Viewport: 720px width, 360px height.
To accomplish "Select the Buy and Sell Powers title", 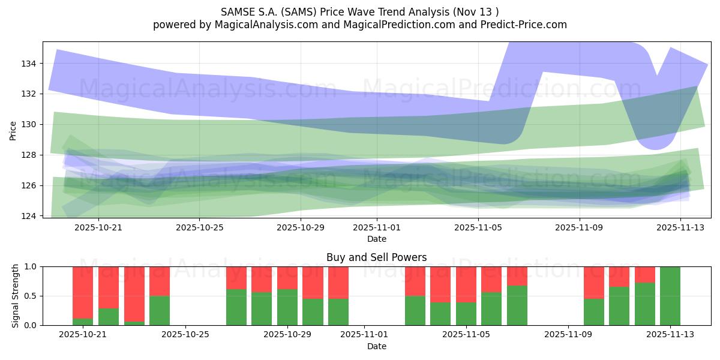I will pyautogui.click(x=376, y=257).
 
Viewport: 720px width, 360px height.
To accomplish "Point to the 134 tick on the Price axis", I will pyautogui.click(x=29, y=64).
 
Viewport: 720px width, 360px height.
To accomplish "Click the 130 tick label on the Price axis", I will pyautogui.click(x=29, y=124).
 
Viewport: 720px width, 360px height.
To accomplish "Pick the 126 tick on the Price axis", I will pyautogui.click(x=29, y=185).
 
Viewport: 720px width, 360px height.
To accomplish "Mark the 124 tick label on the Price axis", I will pyautogui.click(x=29, y=216).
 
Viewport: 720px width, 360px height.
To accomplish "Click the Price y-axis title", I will pyautogui.click(x=13, y=130).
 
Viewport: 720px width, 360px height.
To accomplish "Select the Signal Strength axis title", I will pyautogui.click(x=16, y=296).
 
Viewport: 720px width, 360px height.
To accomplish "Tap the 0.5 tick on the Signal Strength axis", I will pyautogui.click(x=31, y=296).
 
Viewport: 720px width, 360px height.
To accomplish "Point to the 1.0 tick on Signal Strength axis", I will pyautogui.click(x=31, y=266).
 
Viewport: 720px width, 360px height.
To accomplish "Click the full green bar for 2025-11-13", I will pyautogui.click(x=670, y=296).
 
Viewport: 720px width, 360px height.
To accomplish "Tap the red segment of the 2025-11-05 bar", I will pyautogui.click(x=466, y=284).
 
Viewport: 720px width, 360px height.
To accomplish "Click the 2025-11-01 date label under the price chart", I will pyautogui.click(x=377, y=228).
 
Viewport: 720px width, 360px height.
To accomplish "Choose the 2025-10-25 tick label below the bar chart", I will pyautogui.click(x=186, y=335).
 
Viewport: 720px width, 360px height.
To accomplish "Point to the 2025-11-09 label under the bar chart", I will pyautogui.click(x=568, y=335).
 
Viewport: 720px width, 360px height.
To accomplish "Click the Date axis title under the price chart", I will pyautogui.click(x=376, y=239).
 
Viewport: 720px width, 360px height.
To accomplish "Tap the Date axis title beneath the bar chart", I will pyautogui.click(x=376, y=346).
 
